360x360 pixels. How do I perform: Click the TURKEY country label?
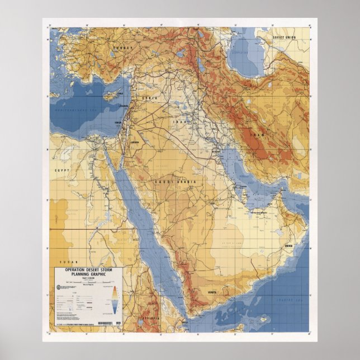(x=121, y=48)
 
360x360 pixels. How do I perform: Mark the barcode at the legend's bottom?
(x=110, y=324)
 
